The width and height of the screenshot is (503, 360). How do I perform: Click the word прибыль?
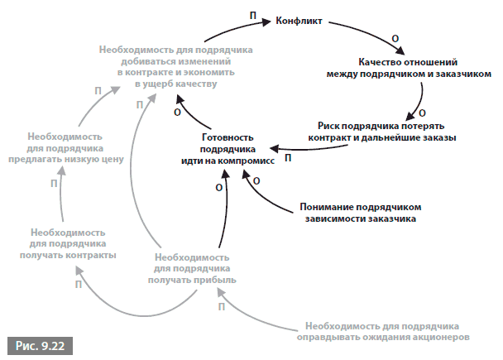214,280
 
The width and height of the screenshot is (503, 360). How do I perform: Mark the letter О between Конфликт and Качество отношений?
395,39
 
